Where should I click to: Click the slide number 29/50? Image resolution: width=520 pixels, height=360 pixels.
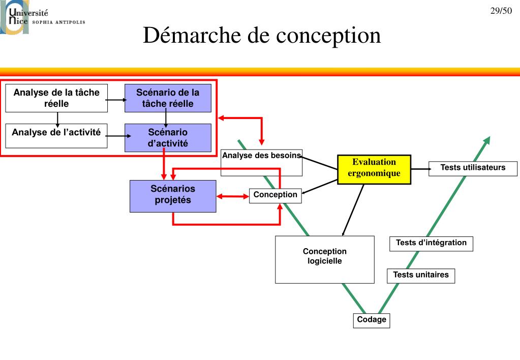501,11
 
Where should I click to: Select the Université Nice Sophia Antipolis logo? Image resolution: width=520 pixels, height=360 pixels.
43,17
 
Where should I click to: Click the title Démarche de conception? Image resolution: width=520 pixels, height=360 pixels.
262,35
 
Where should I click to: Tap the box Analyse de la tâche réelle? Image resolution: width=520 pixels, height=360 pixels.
56,98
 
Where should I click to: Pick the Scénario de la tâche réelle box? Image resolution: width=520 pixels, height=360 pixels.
168,98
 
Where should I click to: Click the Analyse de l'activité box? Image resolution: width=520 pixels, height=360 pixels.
56,136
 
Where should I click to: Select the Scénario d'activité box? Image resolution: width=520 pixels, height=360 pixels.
168,138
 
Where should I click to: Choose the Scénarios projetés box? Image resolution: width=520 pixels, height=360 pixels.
173,196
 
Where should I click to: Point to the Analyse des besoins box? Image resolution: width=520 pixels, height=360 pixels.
261,163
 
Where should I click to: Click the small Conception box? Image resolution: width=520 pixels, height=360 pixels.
276,195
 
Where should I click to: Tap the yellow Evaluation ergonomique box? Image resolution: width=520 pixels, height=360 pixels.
374,169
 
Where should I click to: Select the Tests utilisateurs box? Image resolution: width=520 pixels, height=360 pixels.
473,168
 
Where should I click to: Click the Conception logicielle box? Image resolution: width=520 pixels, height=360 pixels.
325,259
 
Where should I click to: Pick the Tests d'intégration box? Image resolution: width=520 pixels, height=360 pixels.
431,244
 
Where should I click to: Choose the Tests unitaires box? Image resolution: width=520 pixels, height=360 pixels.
421,276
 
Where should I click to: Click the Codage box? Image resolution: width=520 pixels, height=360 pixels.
372,320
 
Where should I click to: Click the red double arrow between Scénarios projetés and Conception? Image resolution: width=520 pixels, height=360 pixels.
232,196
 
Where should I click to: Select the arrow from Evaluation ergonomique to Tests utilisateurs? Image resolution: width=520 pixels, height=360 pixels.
421,169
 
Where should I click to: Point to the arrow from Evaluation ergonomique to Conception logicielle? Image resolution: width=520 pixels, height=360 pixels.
353,210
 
